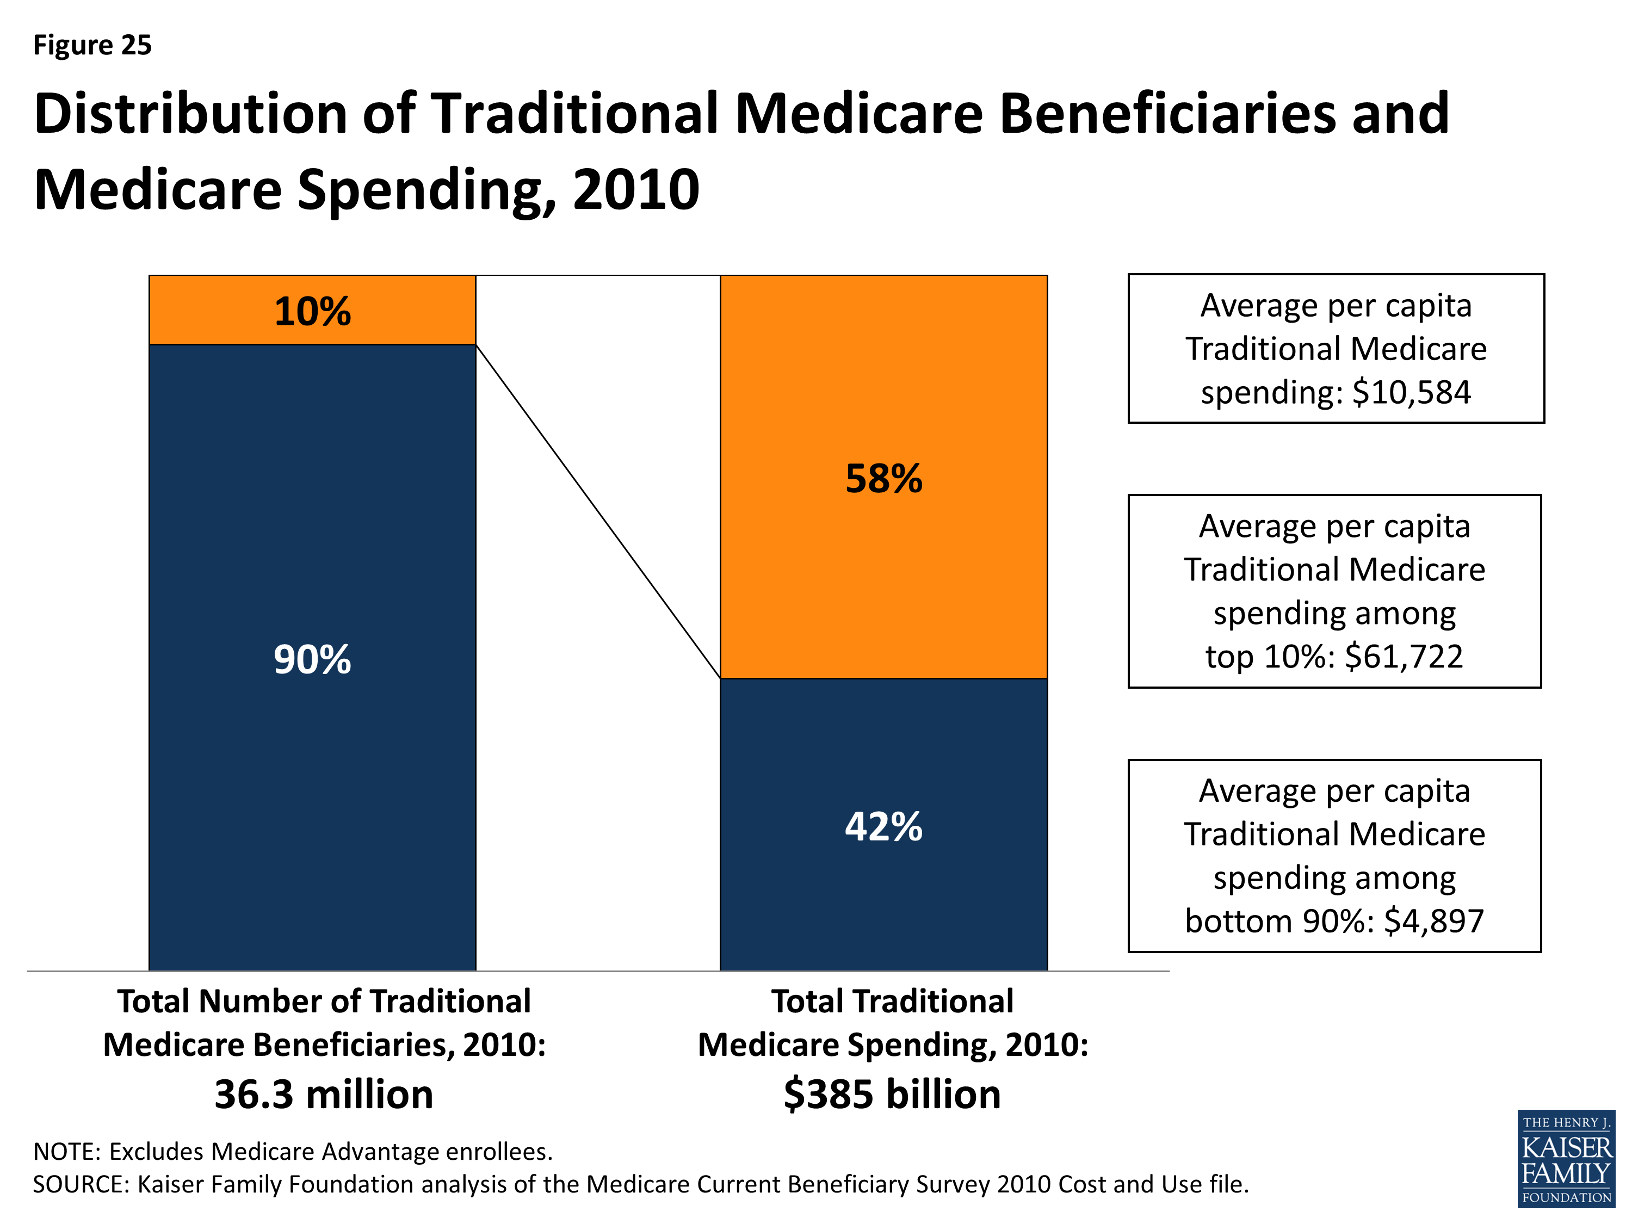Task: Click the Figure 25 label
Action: point(92,45)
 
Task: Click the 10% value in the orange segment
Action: point(312,311)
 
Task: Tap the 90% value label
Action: point(312,659)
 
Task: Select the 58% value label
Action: point(883,478)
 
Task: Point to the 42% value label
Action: point(883,826)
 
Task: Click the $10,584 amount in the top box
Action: point(1411,392)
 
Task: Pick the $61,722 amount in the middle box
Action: point(1404,656)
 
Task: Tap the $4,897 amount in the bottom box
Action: point(1433,921)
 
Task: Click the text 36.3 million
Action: point(324,1094)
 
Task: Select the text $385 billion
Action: point(892,1094)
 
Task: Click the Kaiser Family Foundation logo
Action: point(1566,1159)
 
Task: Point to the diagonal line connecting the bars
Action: point(598,511)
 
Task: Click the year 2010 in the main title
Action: point(635,190)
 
